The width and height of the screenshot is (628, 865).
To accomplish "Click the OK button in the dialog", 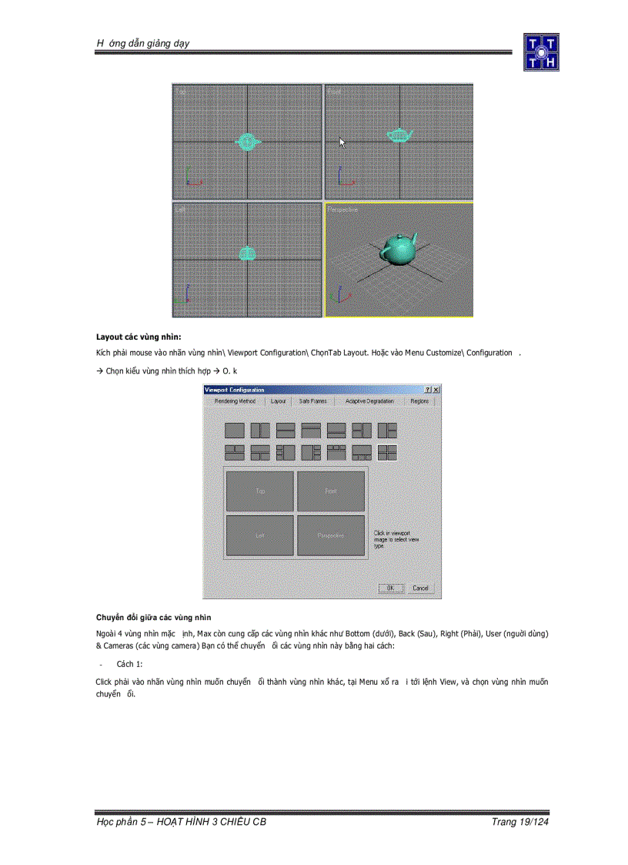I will pyautogui.click(x=390, y=588).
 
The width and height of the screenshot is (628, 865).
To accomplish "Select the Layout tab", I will pyautogui.click(x=278, y=401).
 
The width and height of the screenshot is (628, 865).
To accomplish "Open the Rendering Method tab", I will pyautogui.click(x=235, y=401).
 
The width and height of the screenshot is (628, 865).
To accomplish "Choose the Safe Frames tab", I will pyautogui.click(x=312, y=401).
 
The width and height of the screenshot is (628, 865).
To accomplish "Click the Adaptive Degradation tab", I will pyautogui.click(x=369, y=401).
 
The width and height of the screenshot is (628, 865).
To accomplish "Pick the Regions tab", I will pyautogui.click(x=419, y=401).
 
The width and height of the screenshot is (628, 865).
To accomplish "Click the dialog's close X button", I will pyautogui.click(x=436, y=391).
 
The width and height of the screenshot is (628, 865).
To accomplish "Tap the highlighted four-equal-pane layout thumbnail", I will pyautogui.click(x=387, y=453).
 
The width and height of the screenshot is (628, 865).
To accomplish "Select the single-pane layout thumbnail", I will pyautogui.click(x=235, y=431).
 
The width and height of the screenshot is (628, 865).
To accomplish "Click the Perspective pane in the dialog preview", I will pyautogui.click(x=331, y=535).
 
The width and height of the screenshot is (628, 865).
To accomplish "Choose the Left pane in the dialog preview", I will pyautogui.click(x=260, y=535).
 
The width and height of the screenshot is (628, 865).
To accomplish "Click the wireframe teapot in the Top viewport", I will pyautogui.click(x=247, y=142).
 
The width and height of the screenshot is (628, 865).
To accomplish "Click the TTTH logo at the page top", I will pyautogui.click(x=541, y=52).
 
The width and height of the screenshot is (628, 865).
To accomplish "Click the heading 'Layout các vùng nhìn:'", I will pyautogui.click(x=139, y=337).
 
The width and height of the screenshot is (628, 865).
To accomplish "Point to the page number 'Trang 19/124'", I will pyautogui.click(x=519, y=822).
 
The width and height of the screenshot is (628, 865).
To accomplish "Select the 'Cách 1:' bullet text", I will pyautogui.click(x=129, y=663).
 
